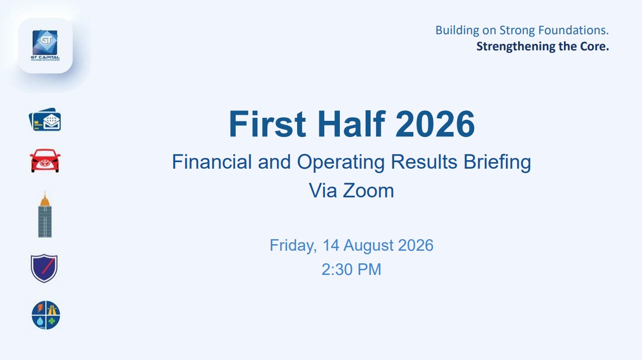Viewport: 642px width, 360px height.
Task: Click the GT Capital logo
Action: click(x=45, y=45)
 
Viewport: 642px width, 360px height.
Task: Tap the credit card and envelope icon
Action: click(x=45, y=119)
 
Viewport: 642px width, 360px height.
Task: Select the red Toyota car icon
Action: click(x=45, y=161)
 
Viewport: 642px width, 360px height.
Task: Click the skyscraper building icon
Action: click(x=45, y=214)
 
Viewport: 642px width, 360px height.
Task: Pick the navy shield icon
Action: click(x=44, y=268)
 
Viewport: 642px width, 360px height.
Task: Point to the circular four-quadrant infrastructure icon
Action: click(x=46, y=315)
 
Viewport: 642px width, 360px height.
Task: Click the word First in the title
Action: click(x=267, y=124)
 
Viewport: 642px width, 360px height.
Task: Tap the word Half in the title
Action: click(x=351, y=124)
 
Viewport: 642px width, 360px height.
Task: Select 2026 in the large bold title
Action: click(x=435, y=124)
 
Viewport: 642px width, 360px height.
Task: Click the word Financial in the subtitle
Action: click(x=212, y=162)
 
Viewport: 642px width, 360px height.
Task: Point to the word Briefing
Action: click(x=497, y=162)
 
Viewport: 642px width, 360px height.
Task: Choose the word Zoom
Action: click(x=368, y=191)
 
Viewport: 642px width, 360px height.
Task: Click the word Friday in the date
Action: click(x=293, y=246)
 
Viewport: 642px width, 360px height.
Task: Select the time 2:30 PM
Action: click(x=351, y=269)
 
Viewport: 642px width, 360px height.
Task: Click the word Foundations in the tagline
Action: click(x=573, y=30)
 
